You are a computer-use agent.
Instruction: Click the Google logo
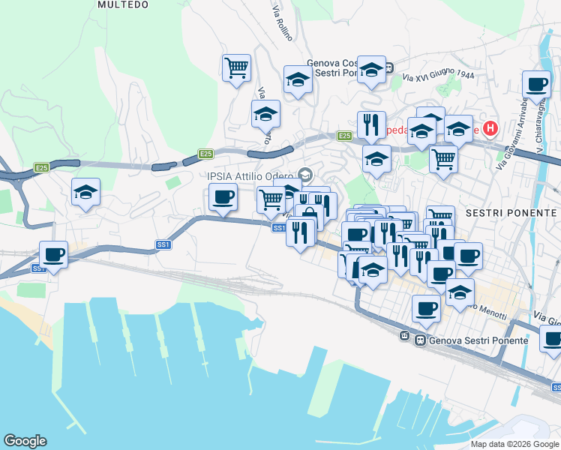(25, 441)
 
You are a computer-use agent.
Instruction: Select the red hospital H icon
(490, 128)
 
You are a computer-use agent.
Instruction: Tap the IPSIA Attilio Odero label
(253, 177)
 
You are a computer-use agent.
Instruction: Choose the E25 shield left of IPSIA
(206, 154)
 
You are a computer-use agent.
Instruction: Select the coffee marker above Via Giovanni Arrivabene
(535, 85)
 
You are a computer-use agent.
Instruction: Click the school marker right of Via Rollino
(298, 80)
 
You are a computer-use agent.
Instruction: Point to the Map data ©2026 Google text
(514, 444)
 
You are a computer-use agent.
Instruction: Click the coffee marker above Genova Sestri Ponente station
(426, 308)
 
